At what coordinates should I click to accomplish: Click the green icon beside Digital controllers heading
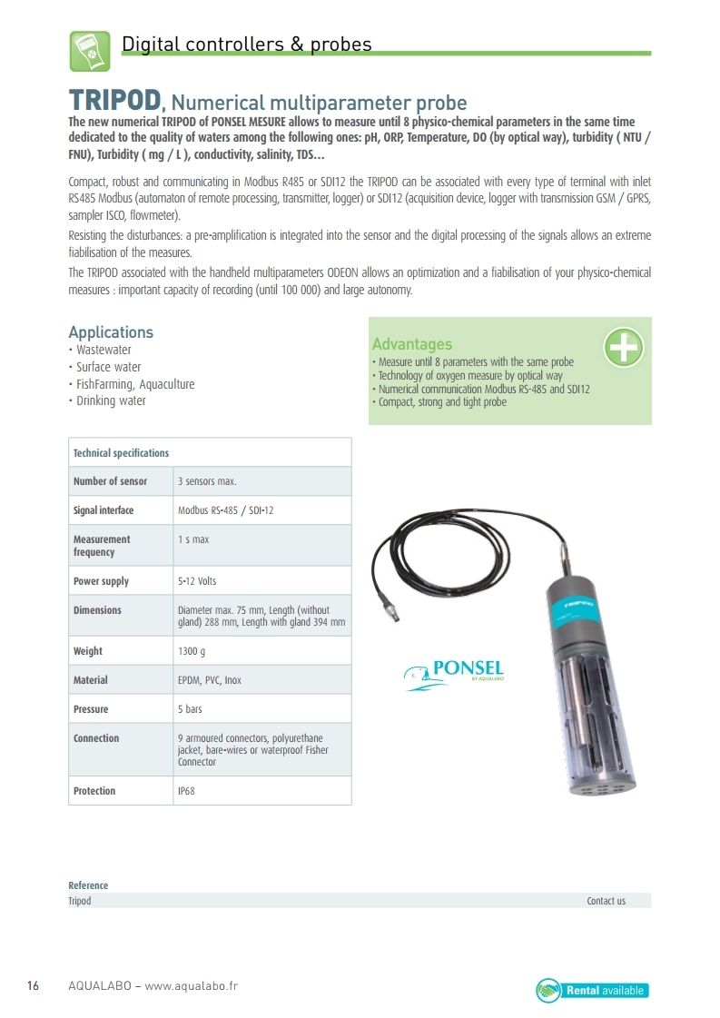click(90, 51)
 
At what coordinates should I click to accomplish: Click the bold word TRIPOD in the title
click(115, 100)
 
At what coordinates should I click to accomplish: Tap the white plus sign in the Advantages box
click(624, 347)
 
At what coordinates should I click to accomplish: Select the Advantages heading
click(411, 344)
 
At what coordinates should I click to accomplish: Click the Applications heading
click(111, 332)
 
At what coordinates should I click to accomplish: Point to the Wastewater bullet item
click(103, 350)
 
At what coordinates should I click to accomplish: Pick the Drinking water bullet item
click(110, 400)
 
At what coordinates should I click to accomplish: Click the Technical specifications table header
click(121, 453)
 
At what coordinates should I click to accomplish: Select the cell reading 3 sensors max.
click(207, 481)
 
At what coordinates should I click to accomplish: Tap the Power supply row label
click(101, 581)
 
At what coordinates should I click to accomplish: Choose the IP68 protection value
click(186, 791)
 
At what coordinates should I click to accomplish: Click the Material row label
click(91, 680)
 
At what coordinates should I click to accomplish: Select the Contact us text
click(606, 901)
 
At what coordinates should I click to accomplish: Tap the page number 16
click(33, 986)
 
